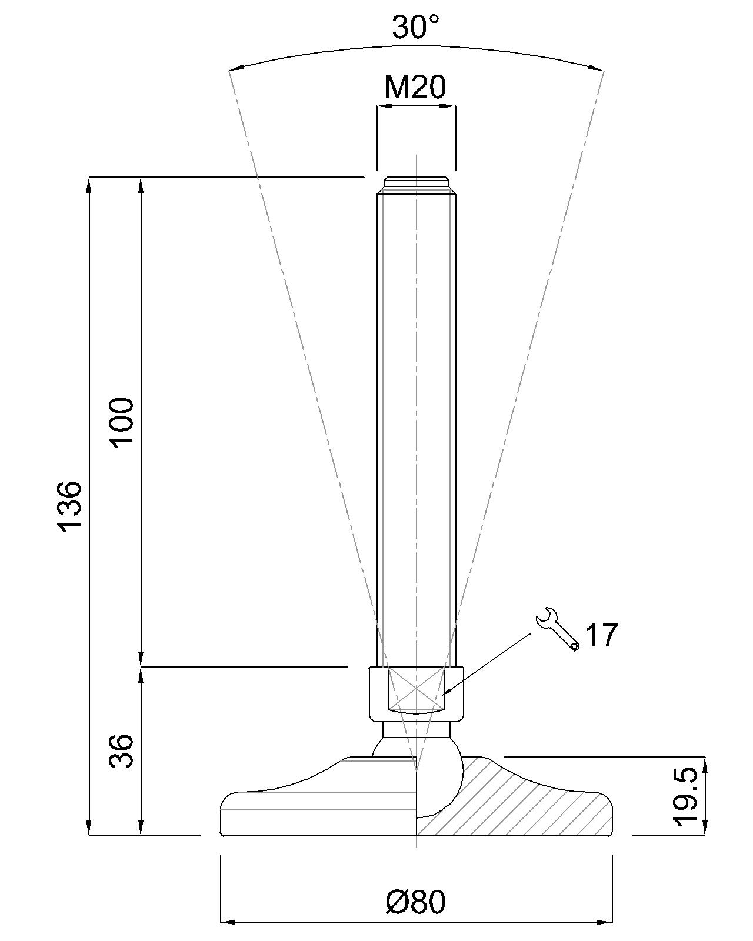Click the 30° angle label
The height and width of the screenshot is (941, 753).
click(415, 27)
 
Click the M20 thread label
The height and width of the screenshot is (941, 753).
click(415, 87)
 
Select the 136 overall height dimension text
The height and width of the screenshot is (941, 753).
click(70, 506)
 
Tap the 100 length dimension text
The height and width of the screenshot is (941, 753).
click(123, 422)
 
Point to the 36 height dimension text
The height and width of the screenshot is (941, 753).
click(123, 751)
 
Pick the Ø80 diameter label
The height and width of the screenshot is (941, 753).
click(415, 902)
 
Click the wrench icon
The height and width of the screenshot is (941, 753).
click(556, 629)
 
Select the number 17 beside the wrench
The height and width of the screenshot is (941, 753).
click(602, 636)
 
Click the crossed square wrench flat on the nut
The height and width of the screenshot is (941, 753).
click(415, 688)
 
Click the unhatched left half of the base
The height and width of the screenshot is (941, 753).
click(318, 806)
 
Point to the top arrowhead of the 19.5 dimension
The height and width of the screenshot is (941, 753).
click(705, 763)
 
